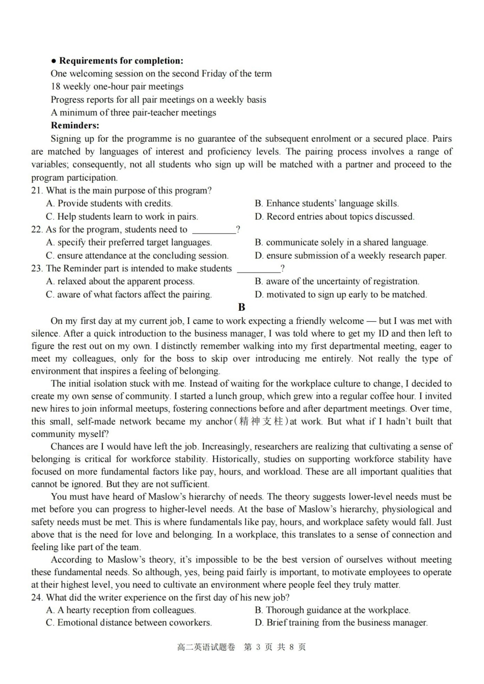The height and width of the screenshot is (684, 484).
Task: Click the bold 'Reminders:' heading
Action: pos(75,125)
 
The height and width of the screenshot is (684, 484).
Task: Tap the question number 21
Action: pos(37,190)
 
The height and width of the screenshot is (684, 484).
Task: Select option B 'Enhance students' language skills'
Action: pos(327,203)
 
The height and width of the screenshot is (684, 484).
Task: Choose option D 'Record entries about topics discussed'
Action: pos(335,216)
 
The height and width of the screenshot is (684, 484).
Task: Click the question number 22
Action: pos(37,229)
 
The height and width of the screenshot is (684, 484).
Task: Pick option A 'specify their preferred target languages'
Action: pos(129,242)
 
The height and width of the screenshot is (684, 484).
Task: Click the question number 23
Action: pos(37,268)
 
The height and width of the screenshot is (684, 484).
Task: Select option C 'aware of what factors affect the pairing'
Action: pos(129,294)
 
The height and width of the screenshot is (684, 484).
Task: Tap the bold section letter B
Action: pos(241,307)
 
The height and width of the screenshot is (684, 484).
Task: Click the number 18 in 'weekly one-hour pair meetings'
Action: pos(56,87)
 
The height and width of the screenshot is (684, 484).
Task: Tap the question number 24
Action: pos(37,597)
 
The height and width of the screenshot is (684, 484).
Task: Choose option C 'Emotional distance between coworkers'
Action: pos(129,622)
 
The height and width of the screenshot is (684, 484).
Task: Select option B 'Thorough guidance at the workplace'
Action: pos(333,610)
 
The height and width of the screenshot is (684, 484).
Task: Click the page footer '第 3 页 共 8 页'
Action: pos(275,647)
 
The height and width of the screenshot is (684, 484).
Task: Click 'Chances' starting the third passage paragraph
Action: pos(66,447)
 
